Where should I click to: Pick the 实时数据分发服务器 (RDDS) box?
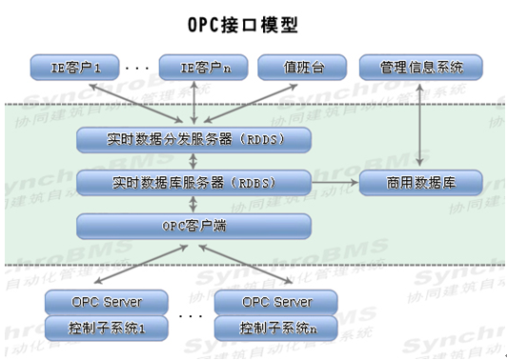click(194, 141)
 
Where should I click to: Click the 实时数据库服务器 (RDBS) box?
click(194, 182)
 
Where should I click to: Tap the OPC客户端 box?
click(194, 227)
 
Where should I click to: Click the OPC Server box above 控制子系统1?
click(106, 303)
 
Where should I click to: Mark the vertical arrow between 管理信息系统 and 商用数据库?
click(423, 125)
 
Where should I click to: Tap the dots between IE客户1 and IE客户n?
click(136, 69)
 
